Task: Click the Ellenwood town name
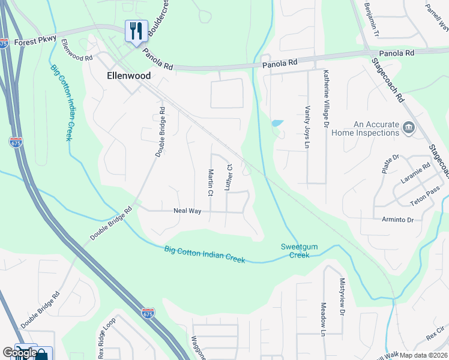point(128,76)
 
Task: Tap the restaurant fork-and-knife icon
point(136,30)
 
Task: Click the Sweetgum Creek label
point(295,251)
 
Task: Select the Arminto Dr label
point(397,220)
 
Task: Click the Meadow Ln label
point(323,319)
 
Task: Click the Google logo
point(19,353)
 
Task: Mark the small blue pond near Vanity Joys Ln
point(277,123)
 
